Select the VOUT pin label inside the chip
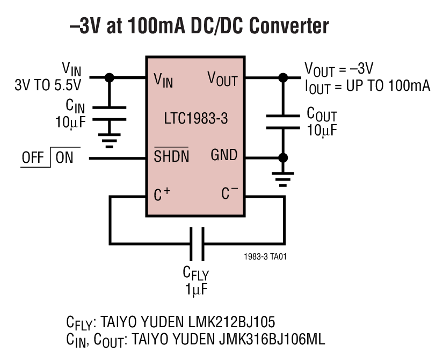tap(222, 79)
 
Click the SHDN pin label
tap(171, 156)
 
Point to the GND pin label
tap(224, 155)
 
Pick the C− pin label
tap(230, 194)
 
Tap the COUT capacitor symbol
tap(282, 120)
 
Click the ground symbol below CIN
tap(110, 141)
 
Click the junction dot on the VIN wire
tap(110, 77)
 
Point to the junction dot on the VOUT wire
tap(282, 77)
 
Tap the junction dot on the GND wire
tap(282, 157)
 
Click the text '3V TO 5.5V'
tap(49, 85)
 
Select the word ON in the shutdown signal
tap(64, 158)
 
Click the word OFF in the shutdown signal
tap(33, 158)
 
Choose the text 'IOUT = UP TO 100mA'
tap(367, 86)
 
